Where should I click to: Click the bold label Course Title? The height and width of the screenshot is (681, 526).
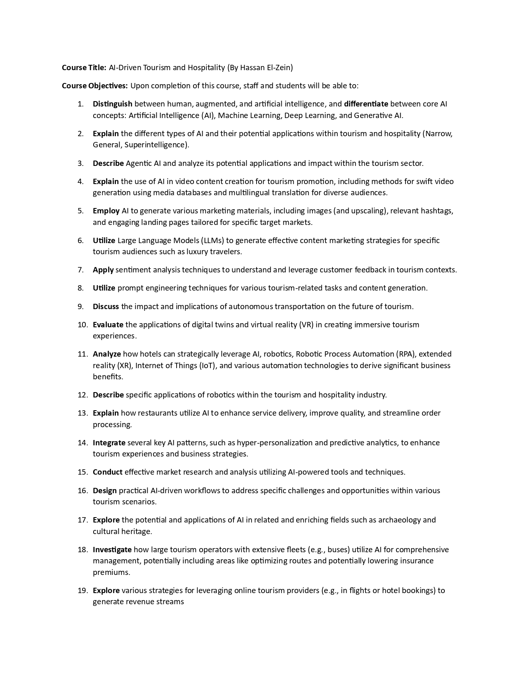coord(84,67)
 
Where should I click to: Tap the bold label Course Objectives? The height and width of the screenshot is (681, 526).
coord(95,86)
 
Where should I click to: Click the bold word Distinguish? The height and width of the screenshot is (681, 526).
coord(113,104)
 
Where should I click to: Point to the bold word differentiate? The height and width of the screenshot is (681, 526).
coord(366,104)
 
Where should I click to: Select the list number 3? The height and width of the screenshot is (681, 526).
coord(80,163)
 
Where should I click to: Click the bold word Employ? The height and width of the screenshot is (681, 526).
coord(106,211)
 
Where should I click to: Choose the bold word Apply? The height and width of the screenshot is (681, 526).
coord(103,270)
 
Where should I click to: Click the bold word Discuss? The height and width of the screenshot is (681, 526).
coord(106,307)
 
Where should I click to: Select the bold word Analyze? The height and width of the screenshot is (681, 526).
coord(107,354)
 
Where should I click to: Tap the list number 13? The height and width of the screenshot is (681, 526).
coord(83,413)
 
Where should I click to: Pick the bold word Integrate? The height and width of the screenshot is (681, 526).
coord(109,443)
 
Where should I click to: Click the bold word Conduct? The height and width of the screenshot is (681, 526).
coord(108,472)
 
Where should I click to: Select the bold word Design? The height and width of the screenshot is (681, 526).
coord(105,491)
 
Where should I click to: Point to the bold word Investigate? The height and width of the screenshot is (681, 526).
coord(112,550)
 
